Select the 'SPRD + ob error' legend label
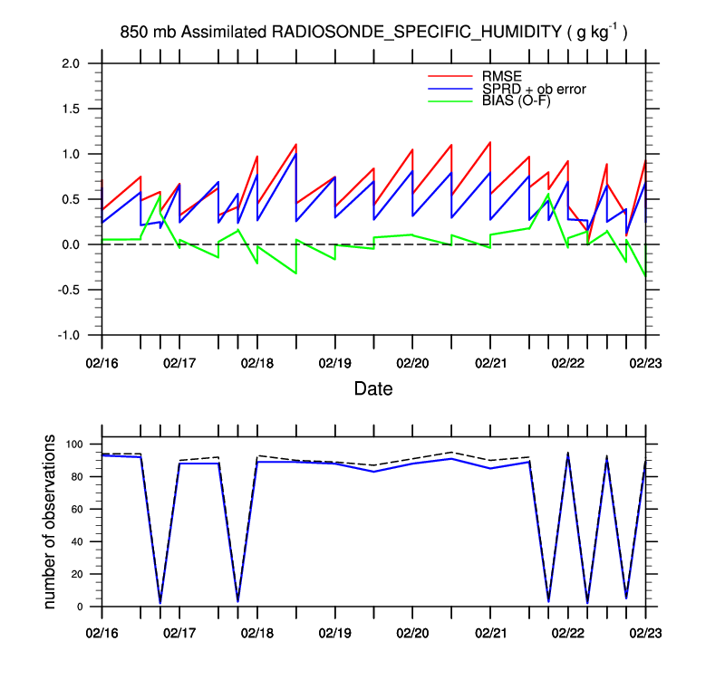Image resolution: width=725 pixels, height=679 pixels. (534, 89)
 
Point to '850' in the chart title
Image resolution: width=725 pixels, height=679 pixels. (132, 33)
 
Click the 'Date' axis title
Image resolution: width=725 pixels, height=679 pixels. (373, 388)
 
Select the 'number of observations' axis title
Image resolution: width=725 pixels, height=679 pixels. (51, 522)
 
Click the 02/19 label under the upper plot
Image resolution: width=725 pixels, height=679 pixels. (335, 361)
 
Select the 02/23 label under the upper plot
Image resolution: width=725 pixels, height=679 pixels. (646, 361)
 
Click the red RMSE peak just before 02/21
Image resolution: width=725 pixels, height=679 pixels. (489, 142)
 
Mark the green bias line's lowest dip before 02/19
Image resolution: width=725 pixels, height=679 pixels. (295, 273)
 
